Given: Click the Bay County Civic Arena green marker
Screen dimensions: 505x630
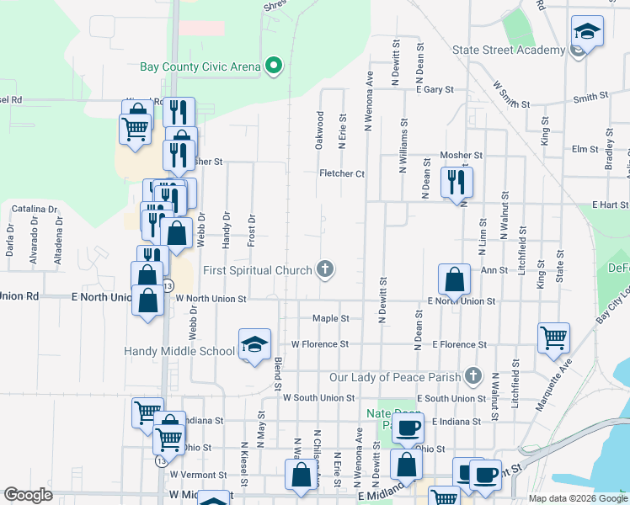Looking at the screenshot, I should pyautogui.click(x=273, y=66).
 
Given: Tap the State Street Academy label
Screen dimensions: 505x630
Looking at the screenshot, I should pyautogui.click(x=509, y=50).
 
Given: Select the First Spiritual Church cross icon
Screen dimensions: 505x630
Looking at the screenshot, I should pyautogui.click(x=325, y=270).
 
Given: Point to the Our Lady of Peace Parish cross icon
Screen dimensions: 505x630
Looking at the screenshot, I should pyautogui.click(x=473, y=375).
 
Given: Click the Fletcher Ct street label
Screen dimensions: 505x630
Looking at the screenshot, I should pyautogui.click(x=341, y=173).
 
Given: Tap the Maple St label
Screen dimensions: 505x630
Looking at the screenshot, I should pyautogui.click(x=330, y=319).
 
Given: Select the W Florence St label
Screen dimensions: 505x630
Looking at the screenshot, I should pyautogui.click(x=319, y=344).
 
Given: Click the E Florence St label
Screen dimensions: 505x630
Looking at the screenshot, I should pyautogui.click(x=459, y=344).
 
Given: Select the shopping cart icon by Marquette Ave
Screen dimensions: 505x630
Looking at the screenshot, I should pyautogui.click(x=554, y=337).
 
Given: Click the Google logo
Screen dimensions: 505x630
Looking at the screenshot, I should pyautogui.click(x=28, y=495).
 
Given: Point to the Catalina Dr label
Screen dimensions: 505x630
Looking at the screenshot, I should pyautogui.click(x=35, y=209).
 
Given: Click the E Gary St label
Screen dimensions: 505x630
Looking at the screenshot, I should pyautogui.click(x=435, y=88).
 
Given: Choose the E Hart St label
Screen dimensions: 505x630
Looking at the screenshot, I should pyautogui.click(x=610, y=205).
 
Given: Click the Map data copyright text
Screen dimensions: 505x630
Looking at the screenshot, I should pyautogui.click(x=578, y=498).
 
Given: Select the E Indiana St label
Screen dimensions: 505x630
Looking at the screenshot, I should pyautogui.click(x=456, y=421).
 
